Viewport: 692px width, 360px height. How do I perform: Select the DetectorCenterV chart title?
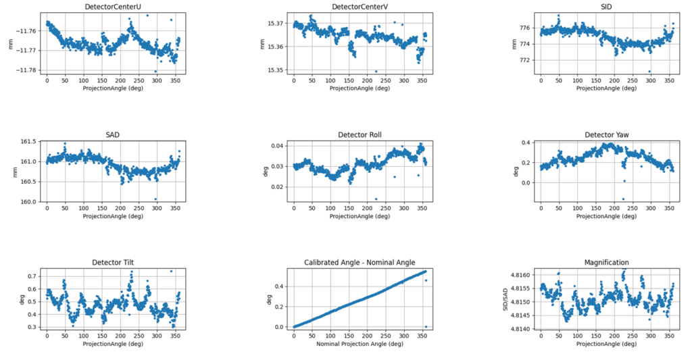click(360, 7)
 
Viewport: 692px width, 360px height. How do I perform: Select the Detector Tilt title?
click(112, 262)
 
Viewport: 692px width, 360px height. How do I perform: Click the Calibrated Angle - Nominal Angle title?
click(360, 262)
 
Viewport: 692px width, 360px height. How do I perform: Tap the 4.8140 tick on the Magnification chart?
click(521, 329)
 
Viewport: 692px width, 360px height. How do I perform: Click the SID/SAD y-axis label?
click(503, 299)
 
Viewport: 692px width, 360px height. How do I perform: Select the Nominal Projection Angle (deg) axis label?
click(360, 344)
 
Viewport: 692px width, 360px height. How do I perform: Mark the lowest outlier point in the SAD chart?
click(156, 199)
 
